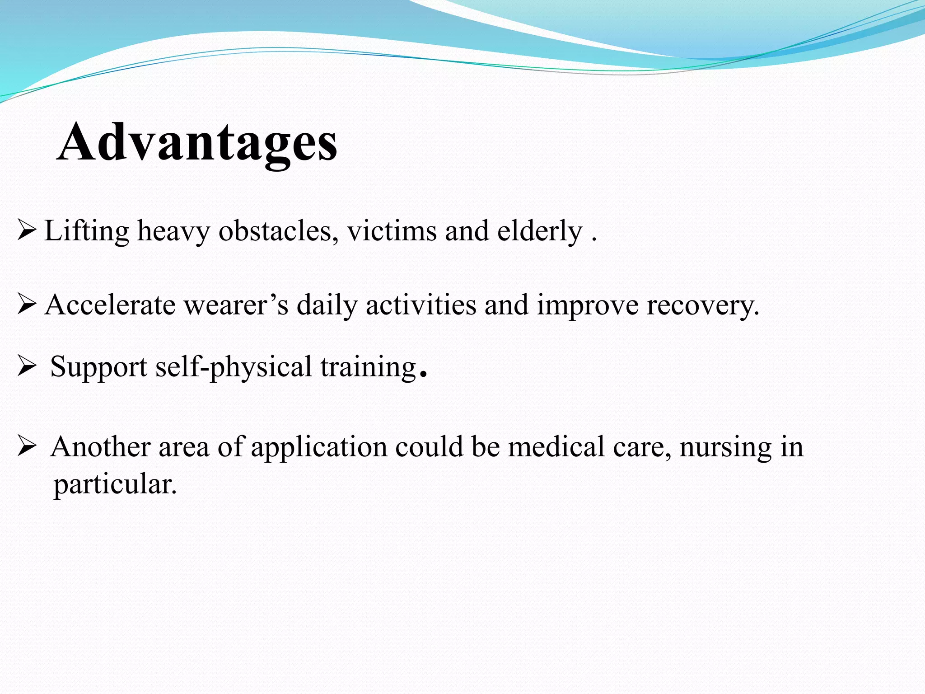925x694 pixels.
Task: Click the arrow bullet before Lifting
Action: [x=26, y=230]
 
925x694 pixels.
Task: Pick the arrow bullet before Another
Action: [x=26, y=447]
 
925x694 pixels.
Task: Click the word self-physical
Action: [x=234, y=367]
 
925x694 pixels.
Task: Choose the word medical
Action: [x=556, y=447]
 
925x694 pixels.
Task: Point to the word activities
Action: [x=420, y=305]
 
